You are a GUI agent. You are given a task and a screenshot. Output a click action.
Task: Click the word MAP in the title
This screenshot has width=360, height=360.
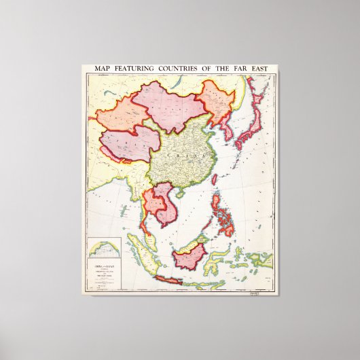pos(104,70)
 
